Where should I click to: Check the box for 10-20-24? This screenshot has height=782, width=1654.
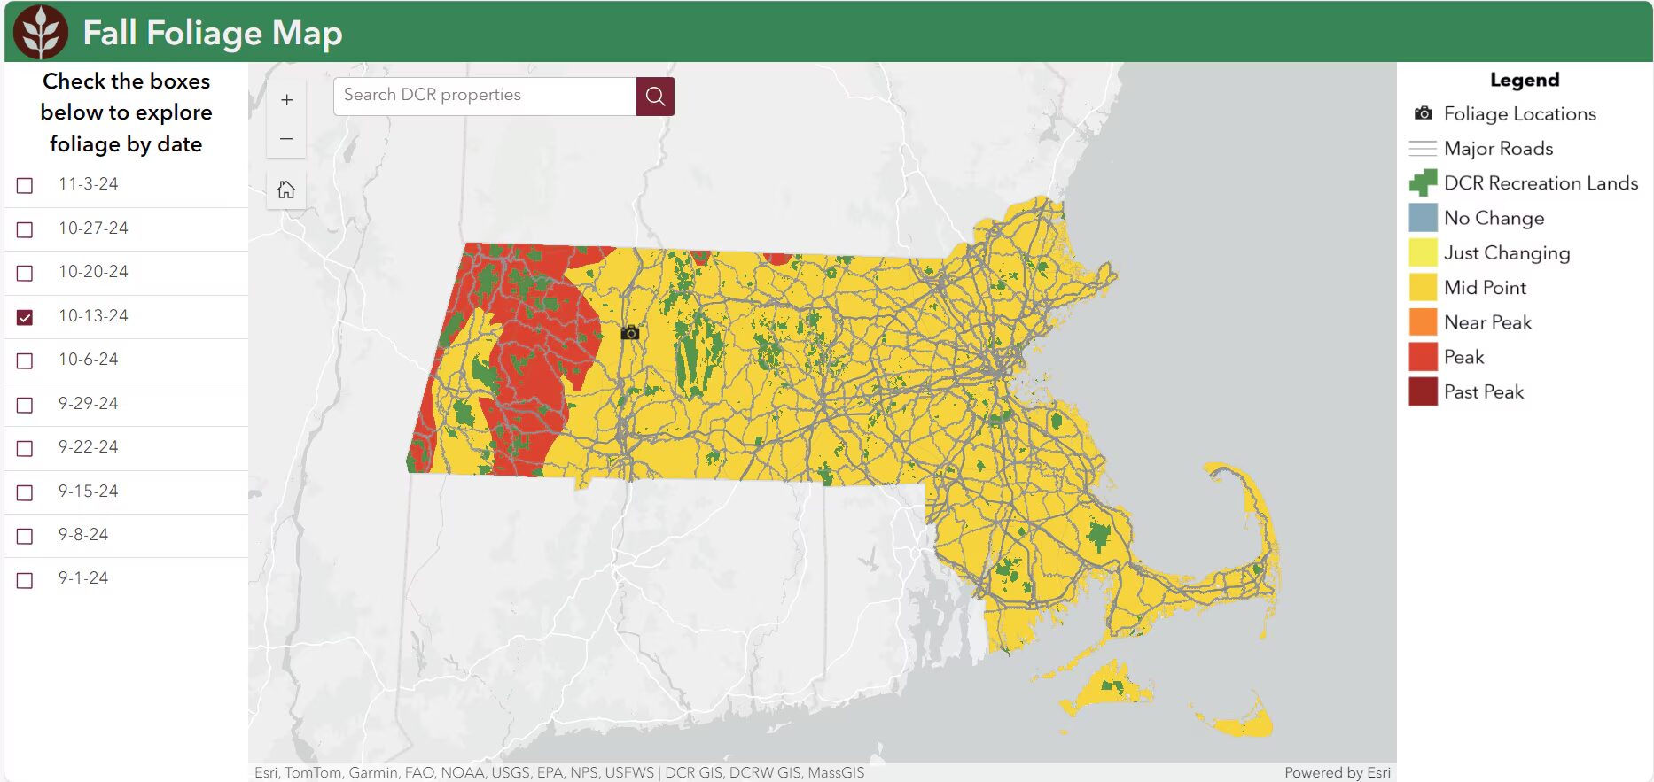tap(25, 273)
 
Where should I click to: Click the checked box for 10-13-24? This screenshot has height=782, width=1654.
tap(25, 317)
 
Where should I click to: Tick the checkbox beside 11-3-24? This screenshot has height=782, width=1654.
tap(25, 185)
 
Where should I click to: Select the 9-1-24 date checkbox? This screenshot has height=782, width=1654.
tap(25, 580)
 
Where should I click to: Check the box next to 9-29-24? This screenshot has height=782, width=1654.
tap(25, 405)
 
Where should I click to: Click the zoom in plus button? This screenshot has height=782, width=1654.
tap(286, 100)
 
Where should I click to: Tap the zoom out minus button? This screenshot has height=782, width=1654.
tap(286, 139)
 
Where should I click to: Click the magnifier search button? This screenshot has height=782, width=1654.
tap(655, 96)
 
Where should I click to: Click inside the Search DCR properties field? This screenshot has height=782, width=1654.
tap(484, 96)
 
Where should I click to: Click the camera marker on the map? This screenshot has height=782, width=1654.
tap(630, 333)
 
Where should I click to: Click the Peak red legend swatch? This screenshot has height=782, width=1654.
tap(1423, 357)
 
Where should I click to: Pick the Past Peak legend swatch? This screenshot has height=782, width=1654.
tap(1423, 391)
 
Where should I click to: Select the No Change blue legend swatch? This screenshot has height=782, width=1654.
tap(1423, 218)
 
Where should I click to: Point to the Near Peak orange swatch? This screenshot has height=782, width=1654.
tap(1423, 322)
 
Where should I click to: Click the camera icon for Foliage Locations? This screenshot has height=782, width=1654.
tap(1423, 113)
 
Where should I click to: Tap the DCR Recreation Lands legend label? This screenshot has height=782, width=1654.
tap(1541, 183)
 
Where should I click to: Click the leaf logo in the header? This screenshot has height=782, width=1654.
tap(41, 32)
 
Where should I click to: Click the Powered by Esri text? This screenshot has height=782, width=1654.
tap(1337, 772)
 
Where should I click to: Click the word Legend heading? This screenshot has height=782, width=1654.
tap(1524, 80)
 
